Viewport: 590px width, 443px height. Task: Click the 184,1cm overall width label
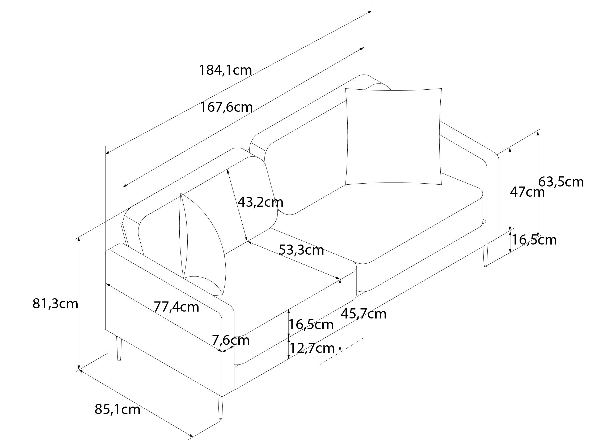[225, 70]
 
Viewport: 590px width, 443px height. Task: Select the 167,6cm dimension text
[226, 107]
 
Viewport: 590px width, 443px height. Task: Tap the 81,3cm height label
[55, 304]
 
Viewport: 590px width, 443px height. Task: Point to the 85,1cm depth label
[117, 409]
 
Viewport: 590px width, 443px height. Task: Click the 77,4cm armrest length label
[176, 307]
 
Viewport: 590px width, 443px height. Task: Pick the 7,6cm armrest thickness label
[230, 340]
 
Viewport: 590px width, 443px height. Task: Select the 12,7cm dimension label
[312, 348]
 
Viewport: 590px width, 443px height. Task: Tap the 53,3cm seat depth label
[301, 250]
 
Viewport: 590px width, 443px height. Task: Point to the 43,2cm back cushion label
[260, 202]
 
